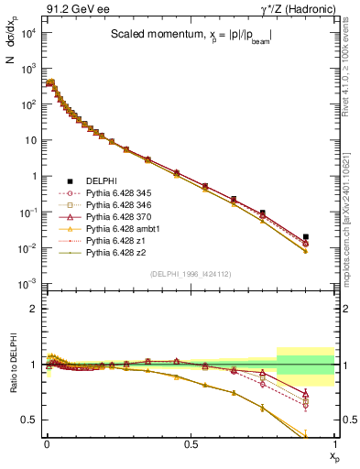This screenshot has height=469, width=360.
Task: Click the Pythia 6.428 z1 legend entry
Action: (x=114, y=240)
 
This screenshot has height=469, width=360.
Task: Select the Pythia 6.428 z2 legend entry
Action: (x=114, y=252)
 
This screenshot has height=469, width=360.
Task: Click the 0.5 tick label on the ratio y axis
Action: (x=29, y=420)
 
